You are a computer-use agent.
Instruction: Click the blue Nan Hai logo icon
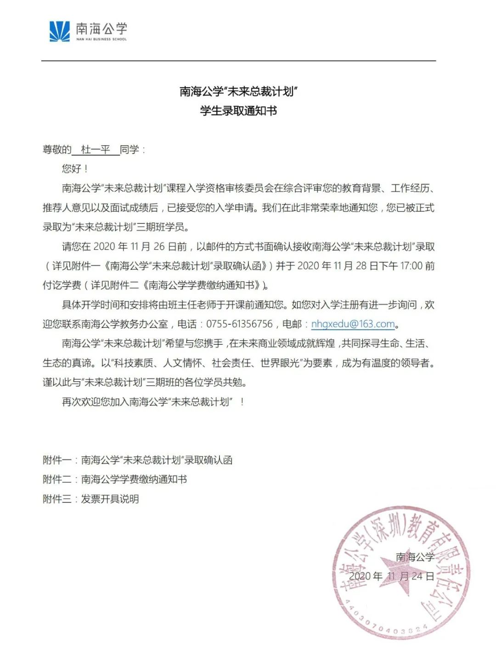click(60, 31)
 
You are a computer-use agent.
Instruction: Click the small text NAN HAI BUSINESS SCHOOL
click(101, 40)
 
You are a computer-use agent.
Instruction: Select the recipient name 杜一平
click(96, 150)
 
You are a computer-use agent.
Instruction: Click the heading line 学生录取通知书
click(238, 111)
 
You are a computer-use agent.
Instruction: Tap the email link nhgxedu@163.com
click(353, 324)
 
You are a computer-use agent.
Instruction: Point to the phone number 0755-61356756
click(239, 324)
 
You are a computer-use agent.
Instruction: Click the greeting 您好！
click(75, 169)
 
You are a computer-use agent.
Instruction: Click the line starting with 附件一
click(138, 460)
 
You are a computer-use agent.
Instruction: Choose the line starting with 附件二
click(115, 479)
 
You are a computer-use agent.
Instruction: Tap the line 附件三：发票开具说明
click(91, 499)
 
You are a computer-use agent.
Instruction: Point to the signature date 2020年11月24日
click(391, 576)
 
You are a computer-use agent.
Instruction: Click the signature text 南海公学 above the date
click(415, 557)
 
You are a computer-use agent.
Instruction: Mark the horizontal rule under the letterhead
click(238, 61)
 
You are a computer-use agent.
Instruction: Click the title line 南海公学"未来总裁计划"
click(238, 91)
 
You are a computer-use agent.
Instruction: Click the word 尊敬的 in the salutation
click(57, 150)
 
